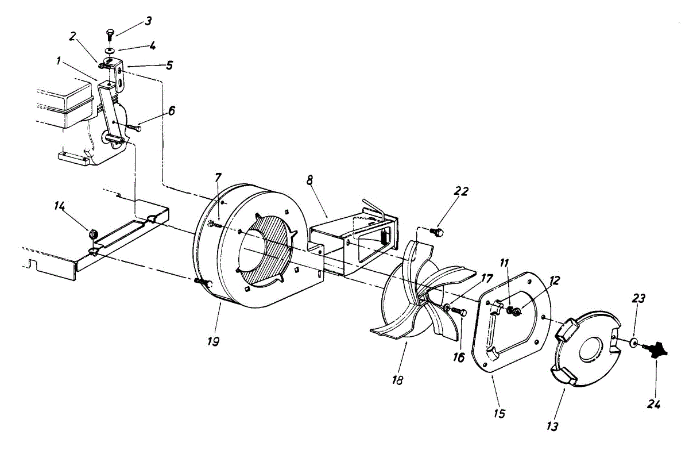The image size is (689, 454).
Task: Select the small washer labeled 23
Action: [632, 343]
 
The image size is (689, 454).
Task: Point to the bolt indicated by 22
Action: [438, 232]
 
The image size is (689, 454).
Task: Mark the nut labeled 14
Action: [91, 233]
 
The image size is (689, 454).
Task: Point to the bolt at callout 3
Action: [110, 35]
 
